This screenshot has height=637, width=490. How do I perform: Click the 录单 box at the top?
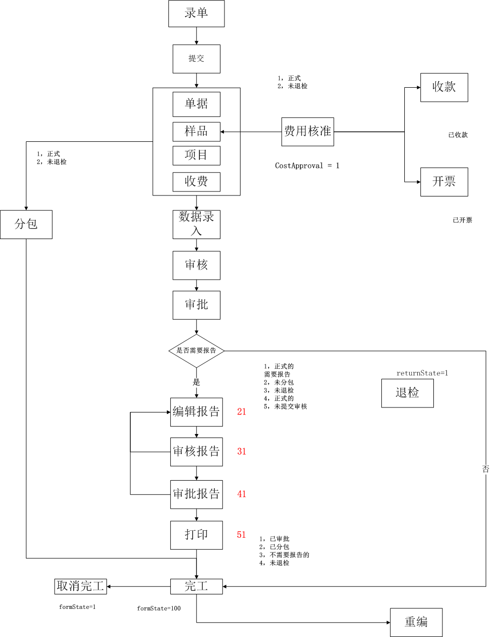point(196,14)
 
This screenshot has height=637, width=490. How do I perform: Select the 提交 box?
point(196,59)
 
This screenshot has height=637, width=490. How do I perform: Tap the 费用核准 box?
point(308,132)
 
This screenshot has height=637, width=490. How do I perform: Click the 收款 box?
point(444,87)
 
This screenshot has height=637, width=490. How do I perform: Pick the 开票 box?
point(444,181)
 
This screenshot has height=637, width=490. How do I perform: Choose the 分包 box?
point(26,224)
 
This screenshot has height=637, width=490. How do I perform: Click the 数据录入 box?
point(196,224)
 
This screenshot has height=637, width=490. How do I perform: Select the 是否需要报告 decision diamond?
point(196,351)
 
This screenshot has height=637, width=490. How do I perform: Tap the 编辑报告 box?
point(196,412)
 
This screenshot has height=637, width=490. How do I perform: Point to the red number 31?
point(241,452)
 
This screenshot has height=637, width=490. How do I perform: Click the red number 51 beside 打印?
point(241,535)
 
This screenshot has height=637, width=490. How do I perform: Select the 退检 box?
point(407,393)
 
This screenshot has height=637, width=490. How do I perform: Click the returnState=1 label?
point(422,373)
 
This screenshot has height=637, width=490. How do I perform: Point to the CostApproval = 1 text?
point(307,165)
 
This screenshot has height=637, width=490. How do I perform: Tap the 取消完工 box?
point(80,586)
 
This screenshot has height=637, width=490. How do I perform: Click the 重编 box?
point(416,622)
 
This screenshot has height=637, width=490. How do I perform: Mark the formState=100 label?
point(159,608)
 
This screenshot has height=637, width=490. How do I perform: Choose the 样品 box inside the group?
point(196,131)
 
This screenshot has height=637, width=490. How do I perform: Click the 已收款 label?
point(458,135)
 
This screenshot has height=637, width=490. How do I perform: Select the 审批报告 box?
point(196,494)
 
